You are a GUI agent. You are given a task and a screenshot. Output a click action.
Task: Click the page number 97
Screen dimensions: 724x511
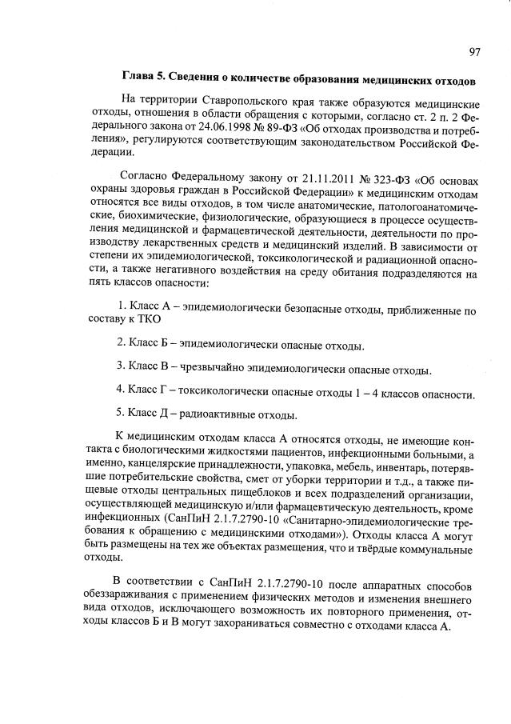coord(474,52)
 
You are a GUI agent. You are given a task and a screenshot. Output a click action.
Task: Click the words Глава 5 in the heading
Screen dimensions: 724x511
coord(143,81)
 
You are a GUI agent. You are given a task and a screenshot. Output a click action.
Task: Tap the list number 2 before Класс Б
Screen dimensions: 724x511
coord(119,345)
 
